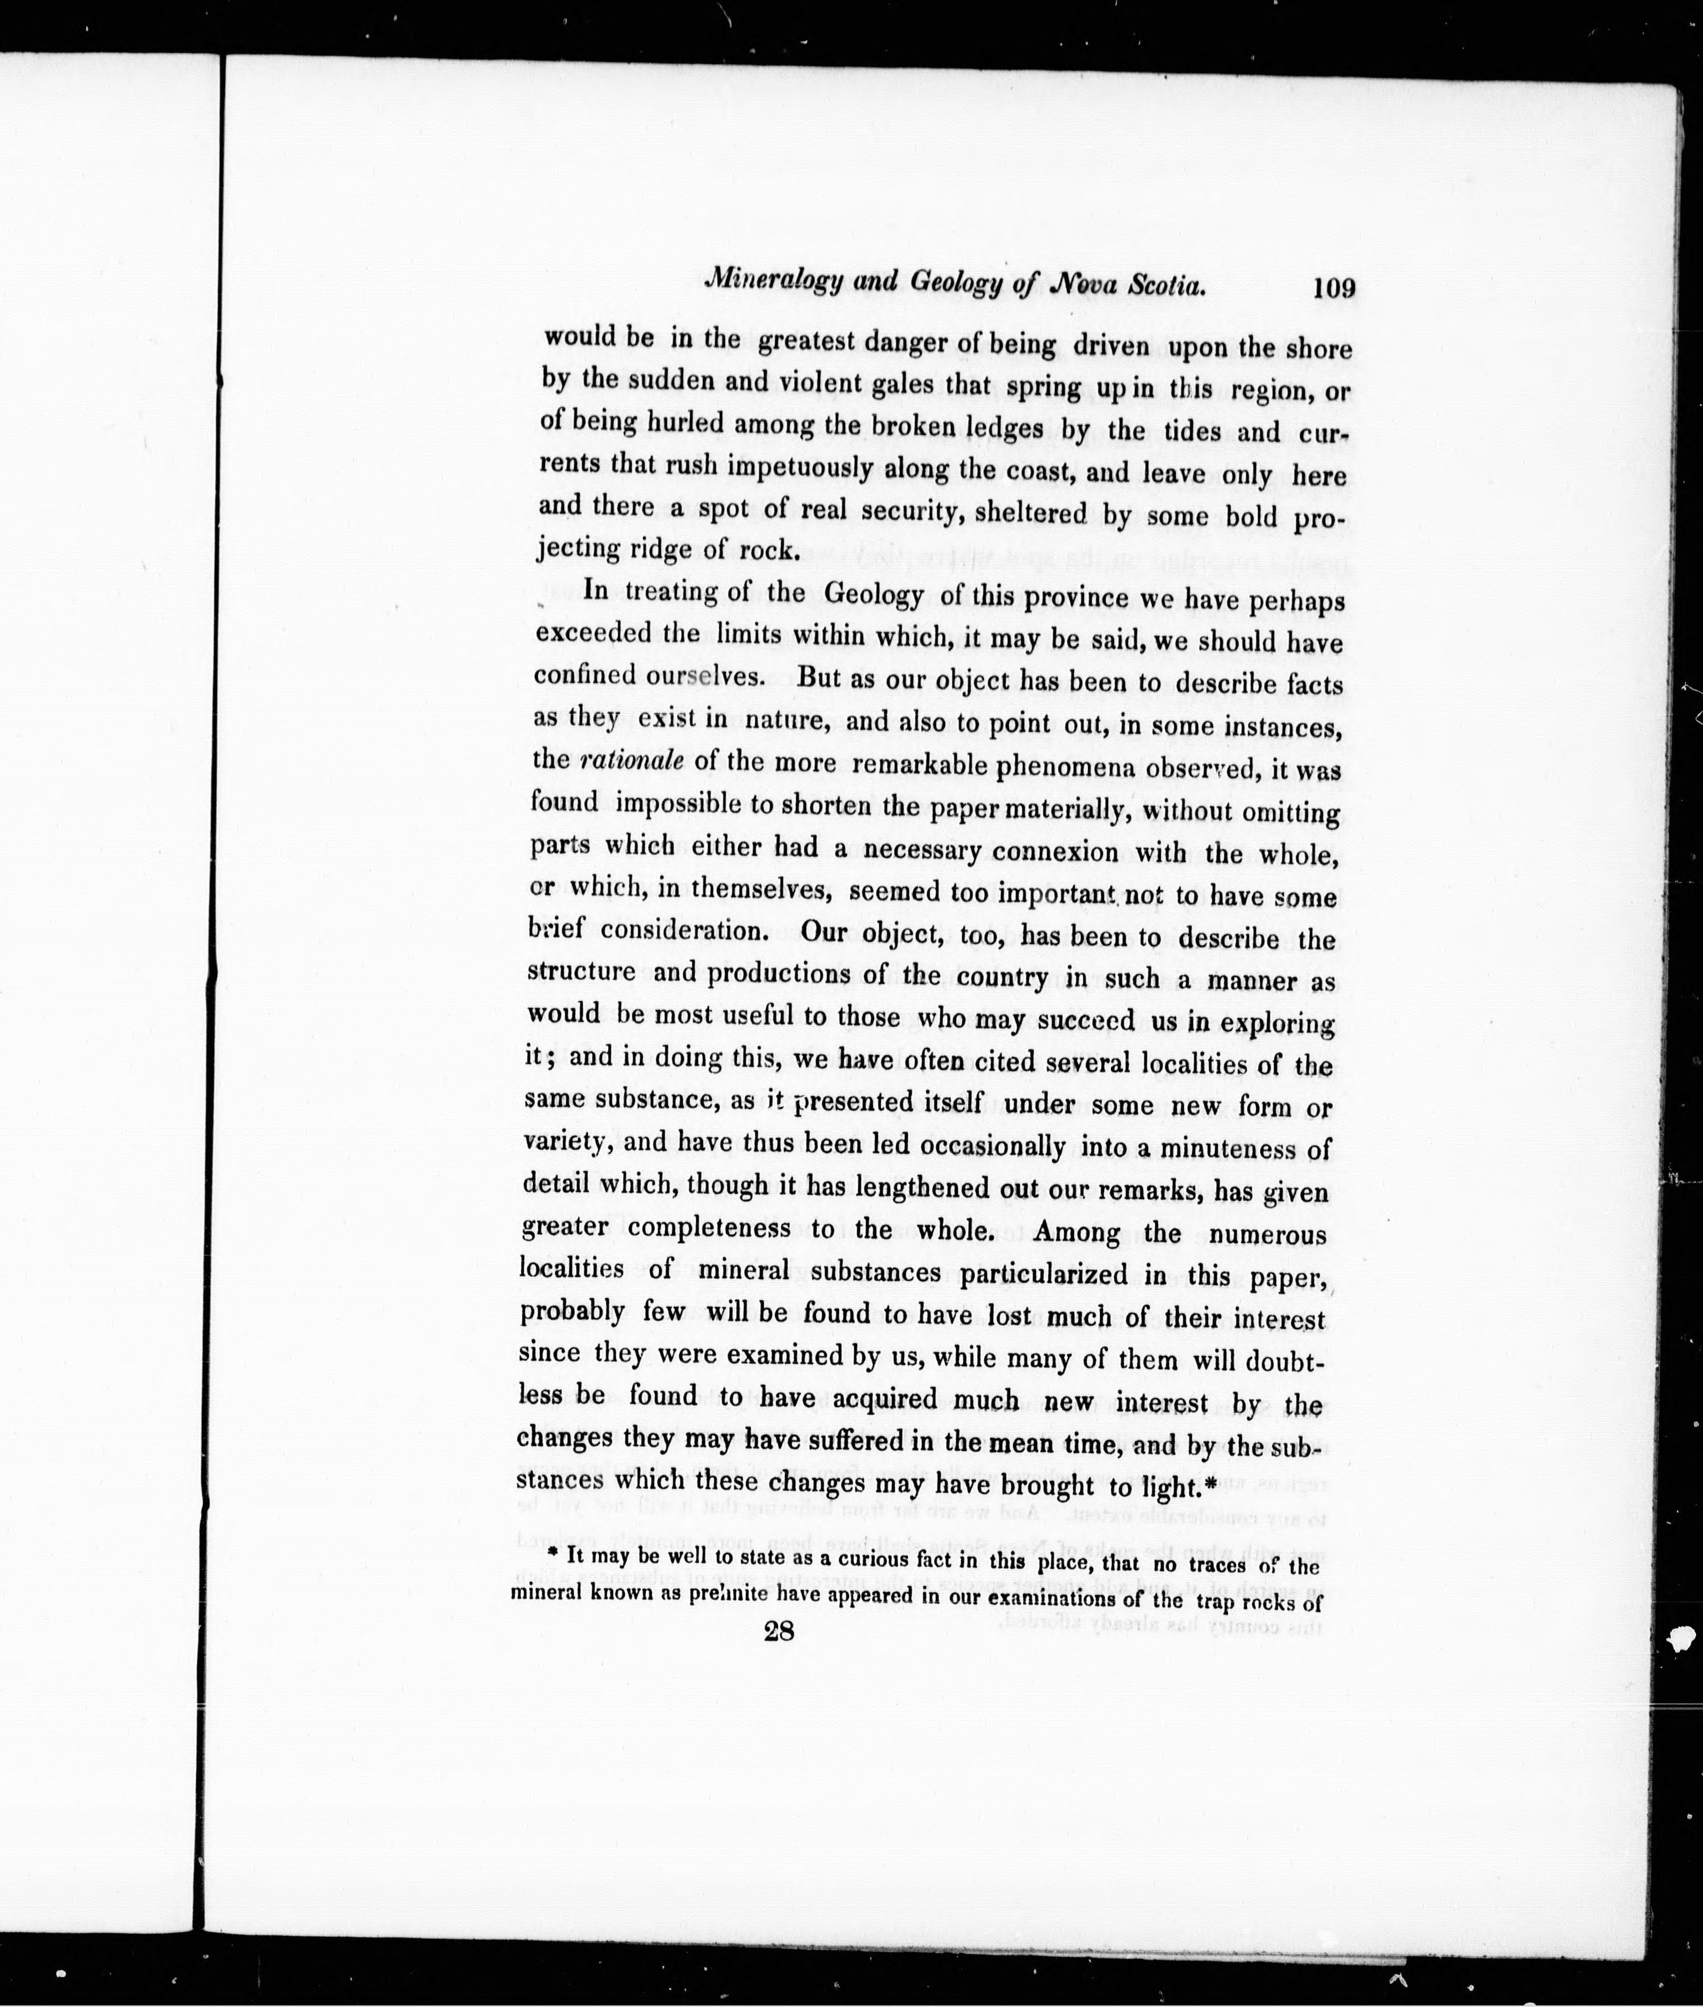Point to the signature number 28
pos(778,1631)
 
